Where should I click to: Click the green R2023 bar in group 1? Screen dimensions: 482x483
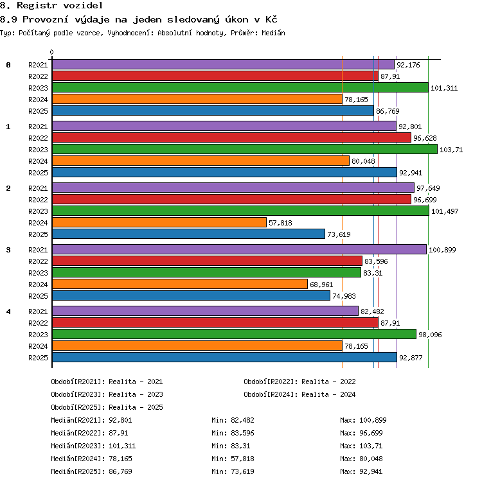245,150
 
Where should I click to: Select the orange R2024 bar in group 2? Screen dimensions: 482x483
159,222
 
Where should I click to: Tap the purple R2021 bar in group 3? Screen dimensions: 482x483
240,249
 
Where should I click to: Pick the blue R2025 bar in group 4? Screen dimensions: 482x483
225,357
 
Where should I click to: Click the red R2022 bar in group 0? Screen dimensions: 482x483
215,76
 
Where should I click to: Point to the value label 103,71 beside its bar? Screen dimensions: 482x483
451,150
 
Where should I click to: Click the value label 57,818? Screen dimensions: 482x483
280,223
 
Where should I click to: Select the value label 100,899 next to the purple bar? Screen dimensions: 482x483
442,250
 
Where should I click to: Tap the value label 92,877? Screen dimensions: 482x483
411,358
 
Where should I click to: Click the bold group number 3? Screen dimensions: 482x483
8,250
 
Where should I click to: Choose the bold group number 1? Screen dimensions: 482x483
8,127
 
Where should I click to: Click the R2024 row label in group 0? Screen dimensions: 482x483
38,100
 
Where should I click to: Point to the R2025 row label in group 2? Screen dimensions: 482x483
38,234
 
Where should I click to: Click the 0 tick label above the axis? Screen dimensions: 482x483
52,52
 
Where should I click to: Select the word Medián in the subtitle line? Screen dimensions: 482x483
273,33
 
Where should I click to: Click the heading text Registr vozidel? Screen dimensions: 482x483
60,5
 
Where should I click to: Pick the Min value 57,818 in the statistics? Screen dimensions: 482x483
242,459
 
